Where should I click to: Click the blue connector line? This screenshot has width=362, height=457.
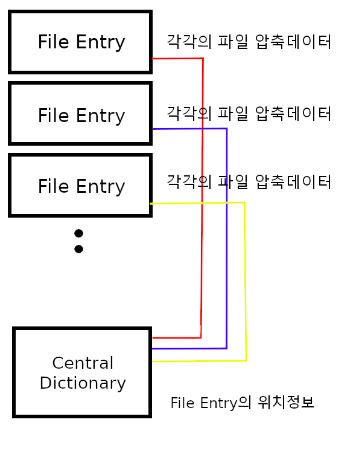[x=226, y=242]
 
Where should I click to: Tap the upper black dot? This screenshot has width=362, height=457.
[x=78, y=233]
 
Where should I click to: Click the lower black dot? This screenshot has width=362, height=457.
[x=78, y=249]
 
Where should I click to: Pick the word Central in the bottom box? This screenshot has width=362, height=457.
[x=83, y=363]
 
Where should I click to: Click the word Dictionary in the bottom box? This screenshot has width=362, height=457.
[x=83, y=383]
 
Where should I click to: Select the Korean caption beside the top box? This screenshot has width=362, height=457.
[x=249, y=42]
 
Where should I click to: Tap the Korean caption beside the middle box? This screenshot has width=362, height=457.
[x=249, y=113]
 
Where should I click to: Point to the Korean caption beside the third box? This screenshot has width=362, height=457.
[x=249, y=181]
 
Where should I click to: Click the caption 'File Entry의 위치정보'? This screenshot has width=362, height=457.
[x=242, y=403]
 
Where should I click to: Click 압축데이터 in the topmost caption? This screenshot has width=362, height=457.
[x=293, y=42]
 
